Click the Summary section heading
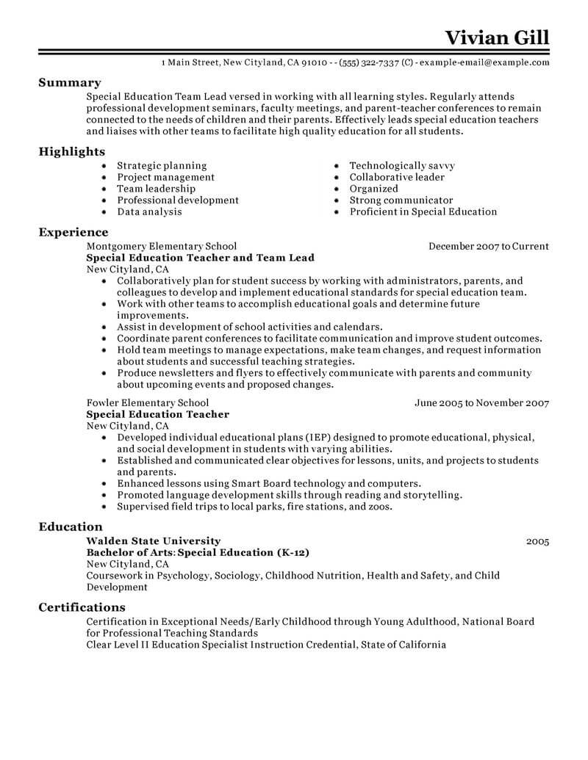69,83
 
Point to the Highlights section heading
71,151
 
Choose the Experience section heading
73,232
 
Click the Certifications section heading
81,607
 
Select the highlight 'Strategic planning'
162,166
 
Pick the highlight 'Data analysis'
150,211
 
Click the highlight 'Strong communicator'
401,200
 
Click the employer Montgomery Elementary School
161,247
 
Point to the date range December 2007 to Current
489,247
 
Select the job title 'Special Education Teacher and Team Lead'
200,258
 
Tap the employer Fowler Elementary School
147,403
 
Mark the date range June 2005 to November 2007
481,403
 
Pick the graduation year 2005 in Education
538,542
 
